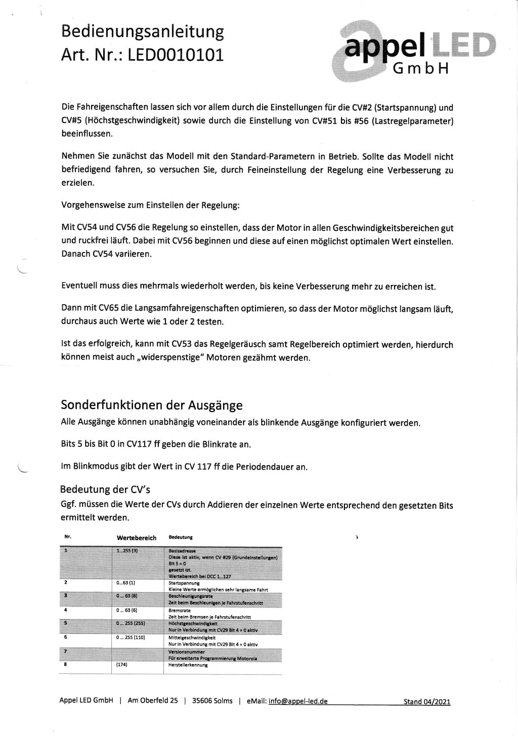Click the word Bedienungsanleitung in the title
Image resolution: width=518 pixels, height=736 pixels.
tap(142, 32)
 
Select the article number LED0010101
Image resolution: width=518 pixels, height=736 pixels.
tap(175, 55)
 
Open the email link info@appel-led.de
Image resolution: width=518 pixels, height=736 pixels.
tap(298, 701)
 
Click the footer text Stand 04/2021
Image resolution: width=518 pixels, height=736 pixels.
tap(426, 702)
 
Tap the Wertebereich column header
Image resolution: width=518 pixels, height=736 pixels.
tap(137, 538)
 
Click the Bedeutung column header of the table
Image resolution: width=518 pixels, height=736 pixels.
tap(180, 537)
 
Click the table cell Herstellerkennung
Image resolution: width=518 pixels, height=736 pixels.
tap(188, 665)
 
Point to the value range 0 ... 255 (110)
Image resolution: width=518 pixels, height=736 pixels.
tap(131, 637)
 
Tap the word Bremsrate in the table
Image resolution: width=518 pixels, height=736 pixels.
tap(179, 610)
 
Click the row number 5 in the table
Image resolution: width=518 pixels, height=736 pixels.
tap(66, 623)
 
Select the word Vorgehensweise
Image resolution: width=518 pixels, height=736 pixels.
tap(90, 206)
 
